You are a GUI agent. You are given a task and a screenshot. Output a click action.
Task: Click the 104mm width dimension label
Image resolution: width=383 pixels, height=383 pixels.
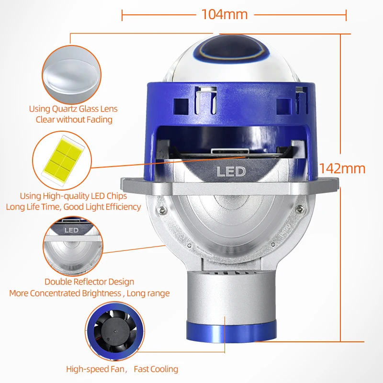tap(224, 14)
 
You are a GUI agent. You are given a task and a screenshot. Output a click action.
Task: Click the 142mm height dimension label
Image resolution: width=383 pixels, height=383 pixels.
tap(342, 169)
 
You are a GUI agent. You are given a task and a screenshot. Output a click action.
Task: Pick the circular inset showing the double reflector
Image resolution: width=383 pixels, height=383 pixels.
tap(72, 245)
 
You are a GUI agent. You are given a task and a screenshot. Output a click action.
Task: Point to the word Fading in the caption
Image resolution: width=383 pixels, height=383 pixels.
tap(99, 120)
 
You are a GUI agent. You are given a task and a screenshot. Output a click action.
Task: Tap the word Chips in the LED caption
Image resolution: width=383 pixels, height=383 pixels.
tap(117, 196)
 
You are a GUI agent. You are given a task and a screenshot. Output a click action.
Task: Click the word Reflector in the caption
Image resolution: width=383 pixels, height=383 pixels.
tap(90, 282)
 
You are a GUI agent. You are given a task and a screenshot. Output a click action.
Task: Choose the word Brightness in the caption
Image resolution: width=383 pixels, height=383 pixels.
tap(99, 293)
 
